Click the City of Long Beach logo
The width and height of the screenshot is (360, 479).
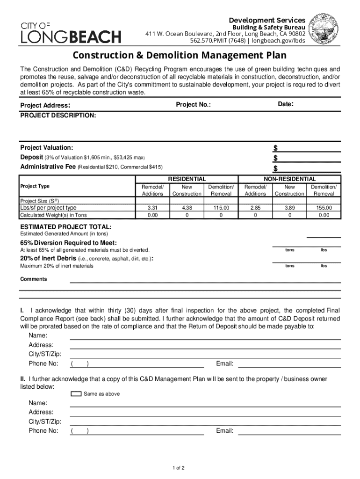pos(71,32)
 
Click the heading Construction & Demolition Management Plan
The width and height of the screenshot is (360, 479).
pos(180,56)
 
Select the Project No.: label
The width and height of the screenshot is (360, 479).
pos(193,105)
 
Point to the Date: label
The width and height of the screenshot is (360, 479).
pos(285,104)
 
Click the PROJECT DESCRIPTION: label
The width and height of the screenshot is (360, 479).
pos(58,115)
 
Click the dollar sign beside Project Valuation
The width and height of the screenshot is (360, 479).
pos(275,148)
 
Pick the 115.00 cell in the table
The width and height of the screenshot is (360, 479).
pos(221,208)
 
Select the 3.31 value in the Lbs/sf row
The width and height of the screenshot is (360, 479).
pos(152,208)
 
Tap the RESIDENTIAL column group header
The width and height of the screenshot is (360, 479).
pos(187,179)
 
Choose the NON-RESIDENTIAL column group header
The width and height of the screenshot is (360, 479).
pos(289,179)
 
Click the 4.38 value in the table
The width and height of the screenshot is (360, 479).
pos(187,208)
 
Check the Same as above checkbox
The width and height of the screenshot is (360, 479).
pos(76,394)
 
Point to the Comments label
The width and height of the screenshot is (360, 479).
pos(33,279)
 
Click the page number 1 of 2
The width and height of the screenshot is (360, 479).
pos(179,468)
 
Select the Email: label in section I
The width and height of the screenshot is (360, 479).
pos(224,363)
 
